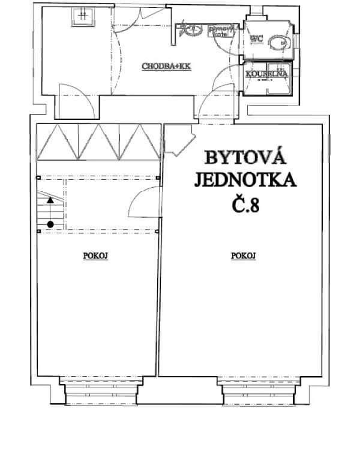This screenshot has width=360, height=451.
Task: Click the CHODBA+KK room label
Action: point(166,67)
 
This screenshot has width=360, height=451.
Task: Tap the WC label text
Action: point(257,40)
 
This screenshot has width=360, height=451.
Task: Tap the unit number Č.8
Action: point(245,206)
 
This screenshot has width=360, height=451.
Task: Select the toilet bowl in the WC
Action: point(278,43)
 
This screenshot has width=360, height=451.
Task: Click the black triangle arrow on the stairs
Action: point(50,202)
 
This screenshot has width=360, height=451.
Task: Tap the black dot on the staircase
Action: point(50,224)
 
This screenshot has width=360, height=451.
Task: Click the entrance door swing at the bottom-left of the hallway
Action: point(76,102)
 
